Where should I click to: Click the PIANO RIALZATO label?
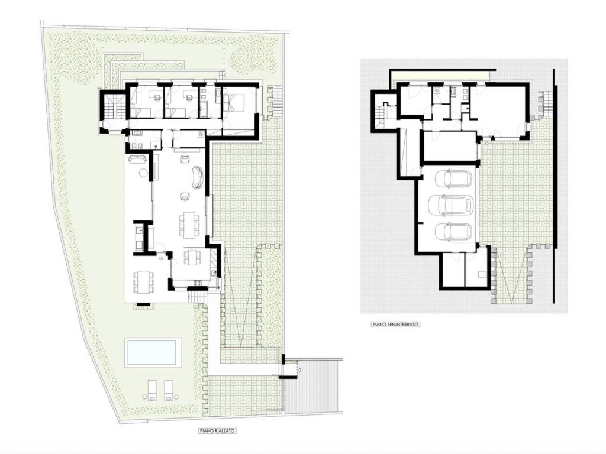tap(218, 430)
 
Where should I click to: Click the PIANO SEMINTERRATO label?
tap(395, 325)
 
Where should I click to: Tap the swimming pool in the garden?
tap(153, 353)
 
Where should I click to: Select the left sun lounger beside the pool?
tap(152, 390)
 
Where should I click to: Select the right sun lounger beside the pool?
tap(169, 390)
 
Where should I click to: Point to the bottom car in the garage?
tap(453, 231)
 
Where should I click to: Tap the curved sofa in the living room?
tap(197, 177)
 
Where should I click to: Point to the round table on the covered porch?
tap(143, 173)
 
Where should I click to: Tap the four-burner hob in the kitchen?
tap(198, 284)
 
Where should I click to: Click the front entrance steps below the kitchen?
tap(198, 297)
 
